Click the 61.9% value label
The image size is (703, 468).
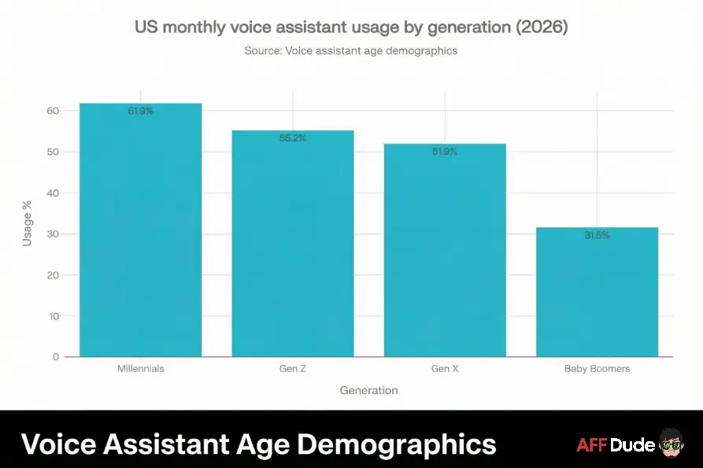pos(141,111)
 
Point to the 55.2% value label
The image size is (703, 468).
pos(293,138)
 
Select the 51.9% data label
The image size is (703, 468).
pos(445,152)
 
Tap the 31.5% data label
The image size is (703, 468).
pos(597,235)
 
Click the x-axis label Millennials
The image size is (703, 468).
pos(141,368)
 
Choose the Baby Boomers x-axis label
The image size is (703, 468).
pos(597,368)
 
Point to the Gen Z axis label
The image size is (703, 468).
pos(293,368)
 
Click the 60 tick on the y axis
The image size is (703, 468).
pos(53,111)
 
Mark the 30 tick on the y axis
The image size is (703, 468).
pos(53,234)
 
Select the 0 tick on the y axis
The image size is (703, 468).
pos(56,357)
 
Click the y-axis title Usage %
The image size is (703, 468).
pos(28,223)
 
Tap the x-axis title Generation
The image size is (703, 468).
pos(368,390)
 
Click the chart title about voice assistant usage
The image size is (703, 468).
pos(351,27)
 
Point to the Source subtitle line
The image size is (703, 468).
pos(351,50)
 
